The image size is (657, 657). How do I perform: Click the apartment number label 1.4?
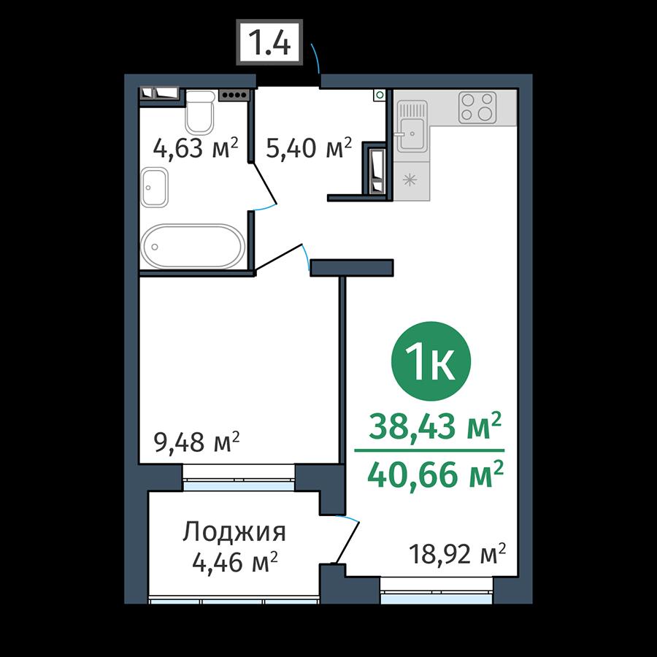tap(269, 42)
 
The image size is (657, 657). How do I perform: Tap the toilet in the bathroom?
tap(200, 112)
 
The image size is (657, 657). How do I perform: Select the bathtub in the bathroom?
tap(193, 247)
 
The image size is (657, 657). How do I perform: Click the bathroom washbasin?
tap(154, 188)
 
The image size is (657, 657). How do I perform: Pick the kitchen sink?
tap(412, 126)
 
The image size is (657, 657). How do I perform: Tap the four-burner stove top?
tap(477, 107)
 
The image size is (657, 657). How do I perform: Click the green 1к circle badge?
tap(431, 361)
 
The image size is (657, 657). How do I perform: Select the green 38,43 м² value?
tap(435, 426)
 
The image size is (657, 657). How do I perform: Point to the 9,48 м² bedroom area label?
tap(197, 442)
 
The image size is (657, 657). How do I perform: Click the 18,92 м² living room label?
tap(458, 554)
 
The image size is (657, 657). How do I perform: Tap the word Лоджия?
tap(234, 533)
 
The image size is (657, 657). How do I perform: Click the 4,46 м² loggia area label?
tap(235, 562)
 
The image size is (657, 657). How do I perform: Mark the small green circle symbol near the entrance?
tap(380, 95)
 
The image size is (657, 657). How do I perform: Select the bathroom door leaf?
tap(264, 185)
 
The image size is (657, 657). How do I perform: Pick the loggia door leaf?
tap(347, 542)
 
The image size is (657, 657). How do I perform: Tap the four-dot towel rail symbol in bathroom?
tap(234, 95)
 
